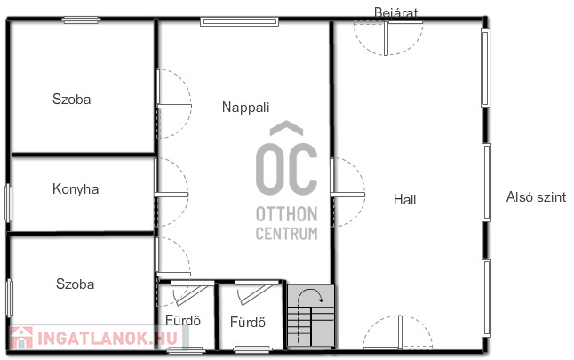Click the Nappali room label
pyautogui.click(x=245, y=108)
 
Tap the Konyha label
pyautogui.click(x=76, y=189)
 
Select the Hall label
pyautogui.click(x=404, y=200)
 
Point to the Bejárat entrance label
pyautogui.click(x=395, y=12)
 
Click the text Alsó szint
pyautogui.click(x=536, y=197)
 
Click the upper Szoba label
pyautogui.click(x=71, y=100)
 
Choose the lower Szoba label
pyautogui.click(x=75, y=284)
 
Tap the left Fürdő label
pyautogui.click(x=183, y=321)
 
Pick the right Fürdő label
pyautogui.click(x=248, y=323)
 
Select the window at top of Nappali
pyautogui.click(x=239, y=21)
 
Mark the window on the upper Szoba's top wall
pyautogui.click(x=81, y=20)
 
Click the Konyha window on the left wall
pyautogui.click(x=8, y=203)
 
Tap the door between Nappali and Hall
pyautogui.click(x=347, y=195)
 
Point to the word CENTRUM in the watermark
pyautogui.click(x=287, y=234)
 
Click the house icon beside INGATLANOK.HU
pyautogui.click(x=21, y=338)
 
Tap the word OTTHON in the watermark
pyautogui.click(x=287, y=214)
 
